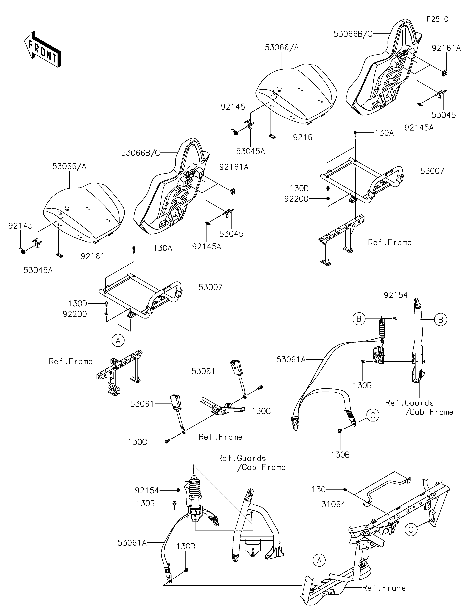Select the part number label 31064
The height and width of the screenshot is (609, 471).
pyautogui.click(x=333, y=504)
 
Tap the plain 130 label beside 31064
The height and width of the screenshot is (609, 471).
pyautogui.click(x=319, y=489)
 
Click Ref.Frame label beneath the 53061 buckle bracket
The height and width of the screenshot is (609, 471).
pyautogui.click(x=220, y=437)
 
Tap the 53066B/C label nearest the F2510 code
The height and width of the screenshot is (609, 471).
pyautogui.click(x=353, y=34)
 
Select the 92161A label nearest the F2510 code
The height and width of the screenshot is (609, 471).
pyautogui.click(x=446, y=48)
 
